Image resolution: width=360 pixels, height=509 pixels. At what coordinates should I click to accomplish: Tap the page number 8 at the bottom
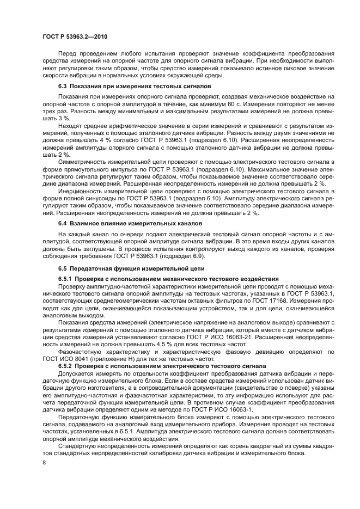coord(45,463)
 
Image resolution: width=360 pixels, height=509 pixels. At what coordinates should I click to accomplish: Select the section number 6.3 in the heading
coord(62,87)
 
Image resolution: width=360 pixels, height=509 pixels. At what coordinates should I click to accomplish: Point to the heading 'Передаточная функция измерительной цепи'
coord(136,269)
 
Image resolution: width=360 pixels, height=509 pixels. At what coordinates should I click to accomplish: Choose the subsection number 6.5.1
coord(65,279)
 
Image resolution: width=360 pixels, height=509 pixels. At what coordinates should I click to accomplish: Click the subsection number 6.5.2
coord(65,366)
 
